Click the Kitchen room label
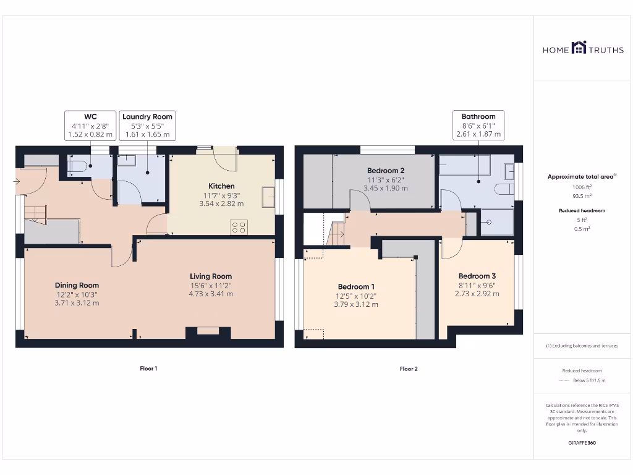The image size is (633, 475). coord(221,186)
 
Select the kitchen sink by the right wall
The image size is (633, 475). coord(269,197)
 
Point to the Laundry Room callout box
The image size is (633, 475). coord(147,125)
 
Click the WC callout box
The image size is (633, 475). coord(90,125)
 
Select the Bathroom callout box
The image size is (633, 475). coord(478,125)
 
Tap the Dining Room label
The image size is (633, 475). coord(76,286)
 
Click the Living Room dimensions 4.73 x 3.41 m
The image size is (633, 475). coord(211,294)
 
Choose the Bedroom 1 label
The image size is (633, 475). coord(355,287)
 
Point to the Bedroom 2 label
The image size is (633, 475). coord(386,171)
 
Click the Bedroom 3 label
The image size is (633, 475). coord(477,276)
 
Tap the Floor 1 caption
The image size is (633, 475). coord(148,369)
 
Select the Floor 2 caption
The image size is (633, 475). coord(409,369)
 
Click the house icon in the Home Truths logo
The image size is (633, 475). coord(579,48)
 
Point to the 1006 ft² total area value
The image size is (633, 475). coord(582,187)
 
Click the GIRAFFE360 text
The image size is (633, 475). coord(582,443)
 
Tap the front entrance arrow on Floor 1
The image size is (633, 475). coord(17,182)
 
